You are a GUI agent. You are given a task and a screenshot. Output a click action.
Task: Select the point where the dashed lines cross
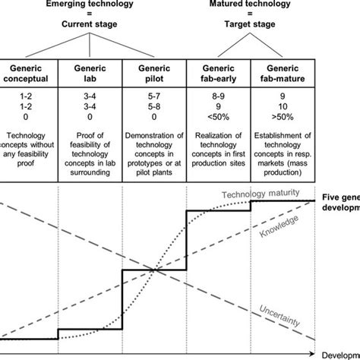click(x=156, y=270)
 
